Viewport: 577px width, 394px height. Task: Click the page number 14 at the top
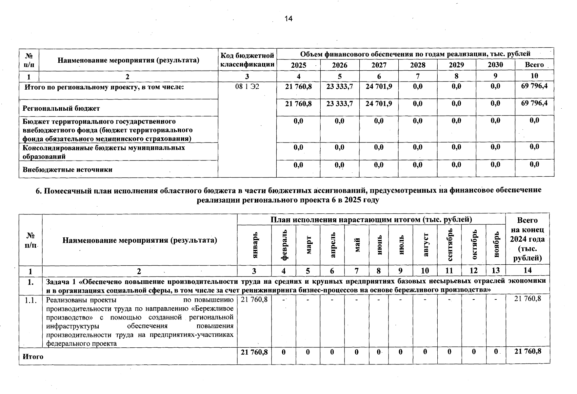[x=288, y=19]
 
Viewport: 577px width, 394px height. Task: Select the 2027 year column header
[x=379, y=65]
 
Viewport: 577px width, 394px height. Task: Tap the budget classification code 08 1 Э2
[x=247, y=87]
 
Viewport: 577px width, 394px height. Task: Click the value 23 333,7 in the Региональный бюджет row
[x=339, y=103]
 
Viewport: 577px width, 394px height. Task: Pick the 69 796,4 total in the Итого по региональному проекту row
[x=534, y=86]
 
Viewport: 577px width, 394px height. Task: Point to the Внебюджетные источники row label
[x=67, y=170]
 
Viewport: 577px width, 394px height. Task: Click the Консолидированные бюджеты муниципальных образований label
[x=103, y=152]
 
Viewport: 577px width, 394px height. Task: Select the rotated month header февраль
[x=284, y=245]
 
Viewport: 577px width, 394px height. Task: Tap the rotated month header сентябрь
[x=449, y=245]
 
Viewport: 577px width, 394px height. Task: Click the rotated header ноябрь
[x=496, y=245]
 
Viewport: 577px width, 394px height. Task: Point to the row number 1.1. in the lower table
[x=30, y=300]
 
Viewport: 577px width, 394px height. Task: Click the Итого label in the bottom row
[x=33, y=357]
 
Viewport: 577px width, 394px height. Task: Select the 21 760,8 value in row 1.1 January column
[x=254, y=299]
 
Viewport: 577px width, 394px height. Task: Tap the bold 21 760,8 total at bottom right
[x=527, y=352]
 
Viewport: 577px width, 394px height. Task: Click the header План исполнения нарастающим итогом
[x=371, y=219]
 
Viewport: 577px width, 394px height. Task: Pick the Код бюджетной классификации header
[x=247, y=59]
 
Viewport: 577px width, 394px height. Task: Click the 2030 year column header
[x=495, y=65]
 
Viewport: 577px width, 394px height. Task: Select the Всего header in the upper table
[x=534, y=65]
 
